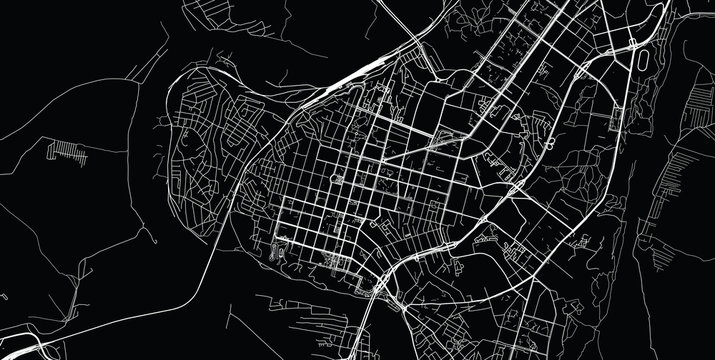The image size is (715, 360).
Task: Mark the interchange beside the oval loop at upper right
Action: point(634,44)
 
